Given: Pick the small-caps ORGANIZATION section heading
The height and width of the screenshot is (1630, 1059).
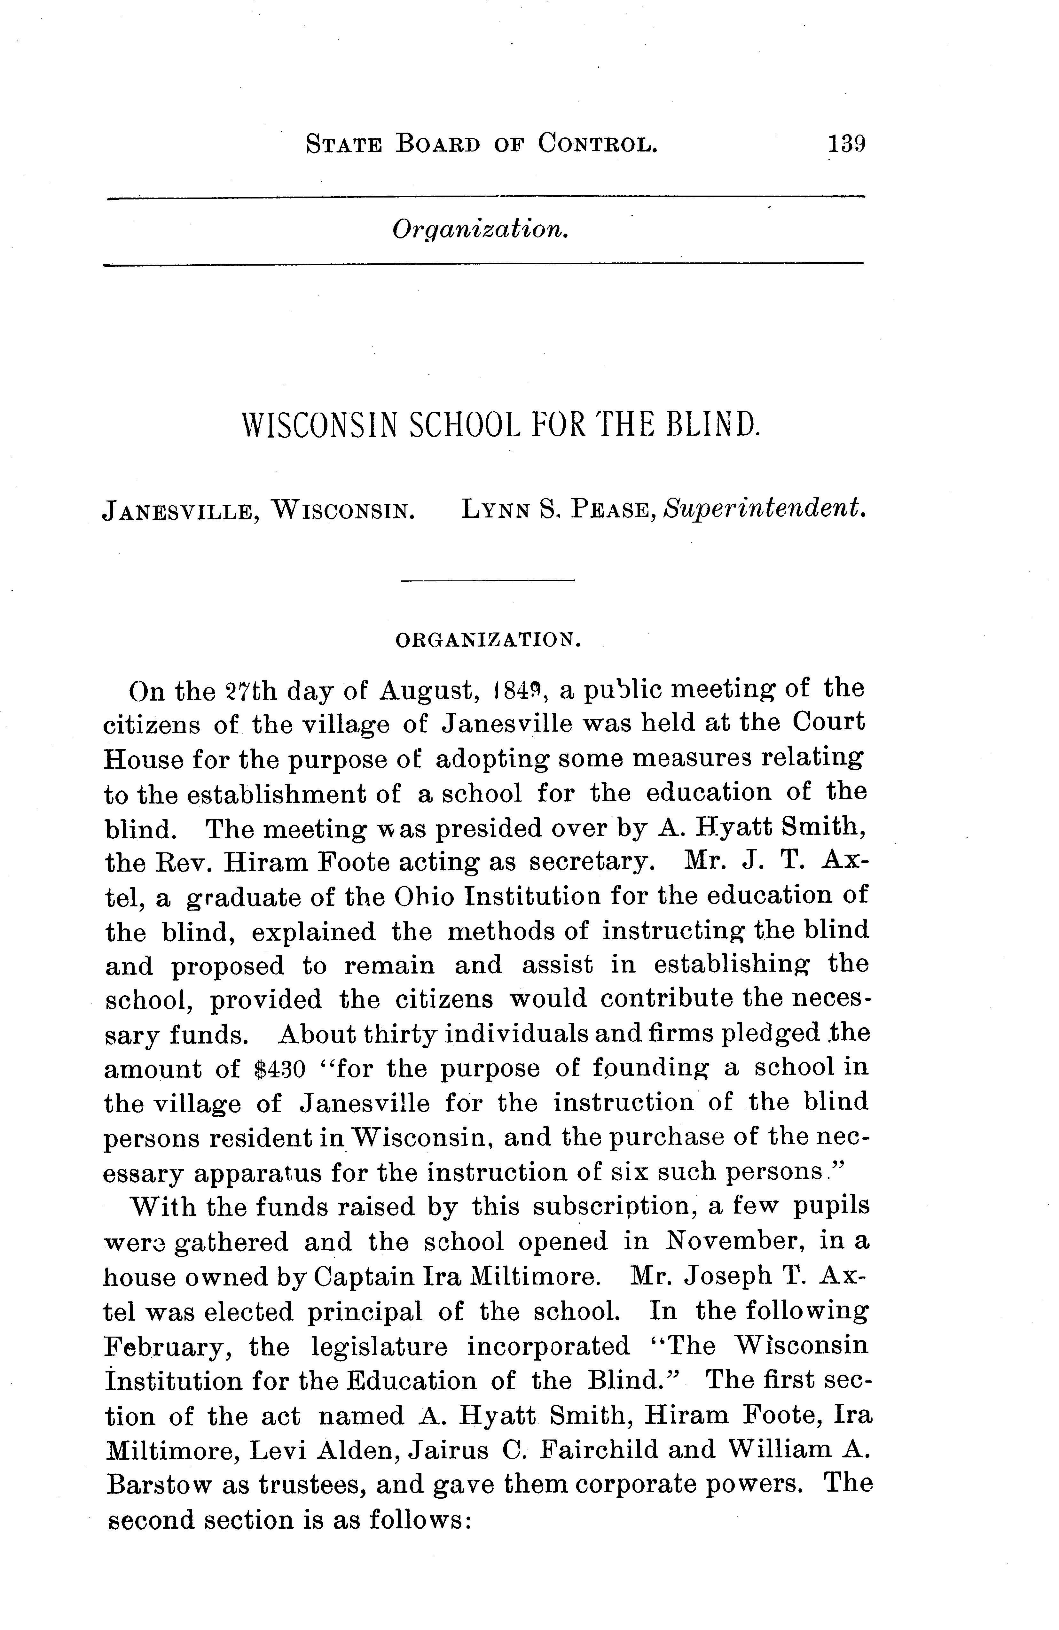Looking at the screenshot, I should pyautogui.click(x=488, y=640).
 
